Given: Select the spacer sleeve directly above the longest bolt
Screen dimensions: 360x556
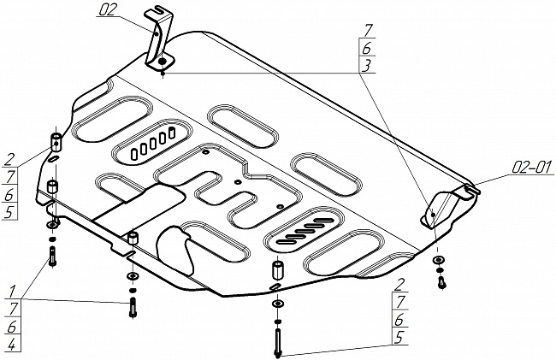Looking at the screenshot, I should (x=277, y=273).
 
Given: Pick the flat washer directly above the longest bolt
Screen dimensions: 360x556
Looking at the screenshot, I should (x=277, y=304).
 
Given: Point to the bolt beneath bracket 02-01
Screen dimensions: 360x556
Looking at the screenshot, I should (x=441, y=280).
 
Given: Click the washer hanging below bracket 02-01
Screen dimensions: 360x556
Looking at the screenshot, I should (x=439, y=259).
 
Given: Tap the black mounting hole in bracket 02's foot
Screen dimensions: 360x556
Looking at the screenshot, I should (x=162, y=62).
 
